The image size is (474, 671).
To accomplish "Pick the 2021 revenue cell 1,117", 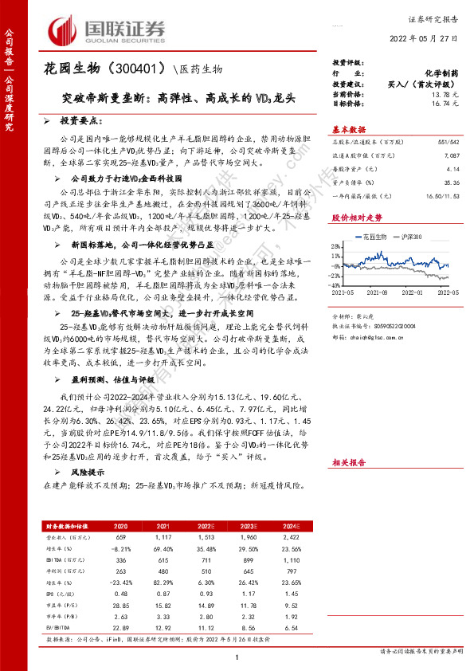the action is click(162, 538).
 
